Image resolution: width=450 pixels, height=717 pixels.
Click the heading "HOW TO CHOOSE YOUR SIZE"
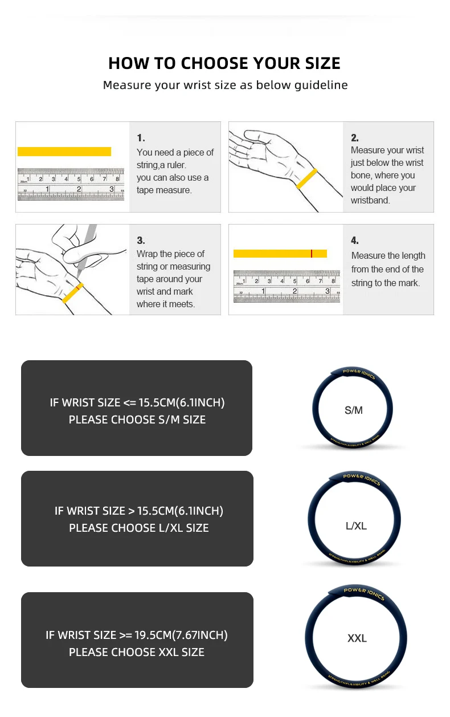pyautogui.click(x=224, y=63)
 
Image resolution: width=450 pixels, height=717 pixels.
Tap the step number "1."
pyautogui.click(x=141, y=138)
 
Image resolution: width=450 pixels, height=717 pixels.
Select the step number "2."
pyautogui.click(x=355, y=138)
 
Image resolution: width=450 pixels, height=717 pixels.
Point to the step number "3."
pyautogui.click(x=141, y=241)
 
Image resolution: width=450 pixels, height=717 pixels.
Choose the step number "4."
pyautogui.click(x=355, y=241)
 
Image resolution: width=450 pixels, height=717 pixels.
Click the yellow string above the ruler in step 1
pyautogui.click(x=64, y=152)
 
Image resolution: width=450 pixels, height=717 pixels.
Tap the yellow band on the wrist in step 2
pyautogui.click(x=307, y=178)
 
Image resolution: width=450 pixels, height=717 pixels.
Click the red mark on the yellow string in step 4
pyautogui.click(x=312, y=254)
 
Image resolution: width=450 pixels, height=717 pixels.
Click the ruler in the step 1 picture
pyautogui.click(x=71, y=184)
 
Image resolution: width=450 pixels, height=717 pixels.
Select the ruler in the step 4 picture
pyautogui.click(x=287, y=286)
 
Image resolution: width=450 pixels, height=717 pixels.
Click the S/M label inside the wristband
pyautogui.click(x=354, y=410)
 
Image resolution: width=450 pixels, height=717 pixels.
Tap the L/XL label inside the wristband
pyautogui.click(x=356, y=526)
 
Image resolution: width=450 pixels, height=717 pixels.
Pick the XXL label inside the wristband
pyautogui.click(x=357, y=638)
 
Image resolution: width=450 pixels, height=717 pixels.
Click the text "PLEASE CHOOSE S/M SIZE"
pyautogui.click(x=137, y=420)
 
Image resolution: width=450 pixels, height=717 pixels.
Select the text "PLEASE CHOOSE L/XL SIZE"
pyautogui.click(x=139, y=528)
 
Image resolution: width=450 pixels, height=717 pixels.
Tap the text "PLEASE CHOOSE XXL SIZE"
pyautogui.click(x=137, y=653)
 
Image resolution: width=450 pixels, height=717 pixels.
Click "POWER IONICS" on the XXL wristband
pyautogui.click(x=364, y=593)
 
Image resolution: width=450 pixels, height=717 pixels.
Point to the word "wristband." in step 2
pyautogui.click(x=370, y=201)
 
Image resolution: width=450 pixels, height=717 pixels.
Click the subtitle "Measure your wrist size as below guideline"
pyautogui.click(x=225, y=85)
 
